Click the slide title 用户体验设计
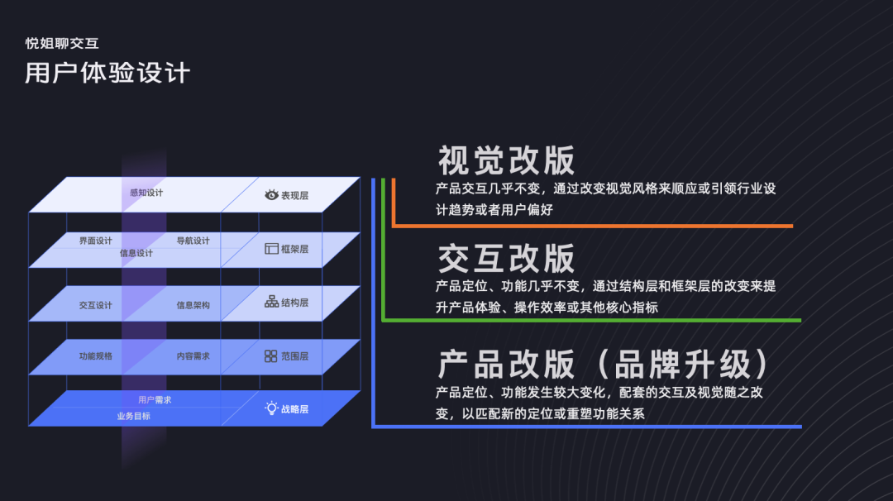coord(107,73)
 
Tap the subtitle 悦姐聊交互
coord(63,43)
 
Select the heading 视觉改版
coord(506,160)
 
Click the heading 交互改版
coord(506,259)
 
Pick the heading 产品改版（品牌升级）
coord(604,365)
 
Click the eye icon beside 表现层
coord(271,195)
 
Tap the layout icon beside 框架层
coord(271,248)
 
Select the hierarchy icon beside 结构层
coord(271,302)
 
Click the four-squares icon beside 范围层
coord(271,355)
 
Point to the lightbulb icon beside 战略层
coord(271,408)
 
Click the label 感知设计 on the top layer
coord(146,193)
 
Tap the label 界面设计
coord(96,241)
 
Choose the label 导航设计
coord(193,241)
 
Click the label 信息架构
coord(193,305)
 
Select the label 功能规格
coord(96,355)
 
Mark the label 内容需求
coord(193,355)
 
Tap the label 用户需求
coord(155,400)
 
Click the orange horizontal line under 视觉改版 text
coord(592,226)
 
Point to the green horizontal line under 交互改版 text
coord(592,320)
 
